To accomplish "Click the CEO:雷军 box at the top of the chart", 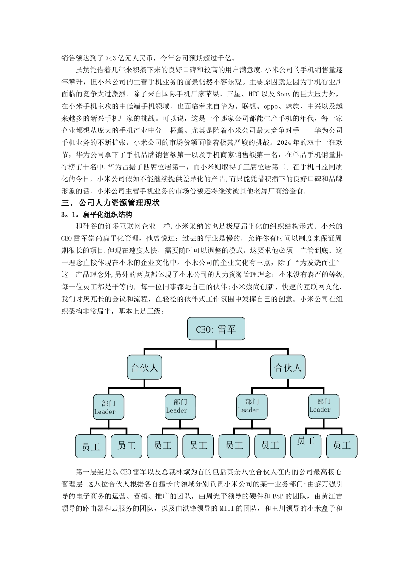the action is click(x=216, y=329).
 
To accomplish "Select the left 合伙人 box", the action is click(x=144, y=368).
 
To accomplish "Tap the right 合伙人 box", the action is click(x=288, y=367).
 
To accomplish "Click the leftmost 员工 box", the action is click(x=90, y=447).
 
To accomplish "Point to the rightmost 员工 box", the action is click(x=341, y=445).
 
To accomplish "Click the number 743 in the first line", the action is click(x=110, y=58).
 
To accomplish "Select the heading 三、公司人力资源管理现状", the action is click(x=111, y=203).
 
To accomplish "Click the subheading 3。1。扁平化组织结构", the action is click(x=97, y=214).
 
